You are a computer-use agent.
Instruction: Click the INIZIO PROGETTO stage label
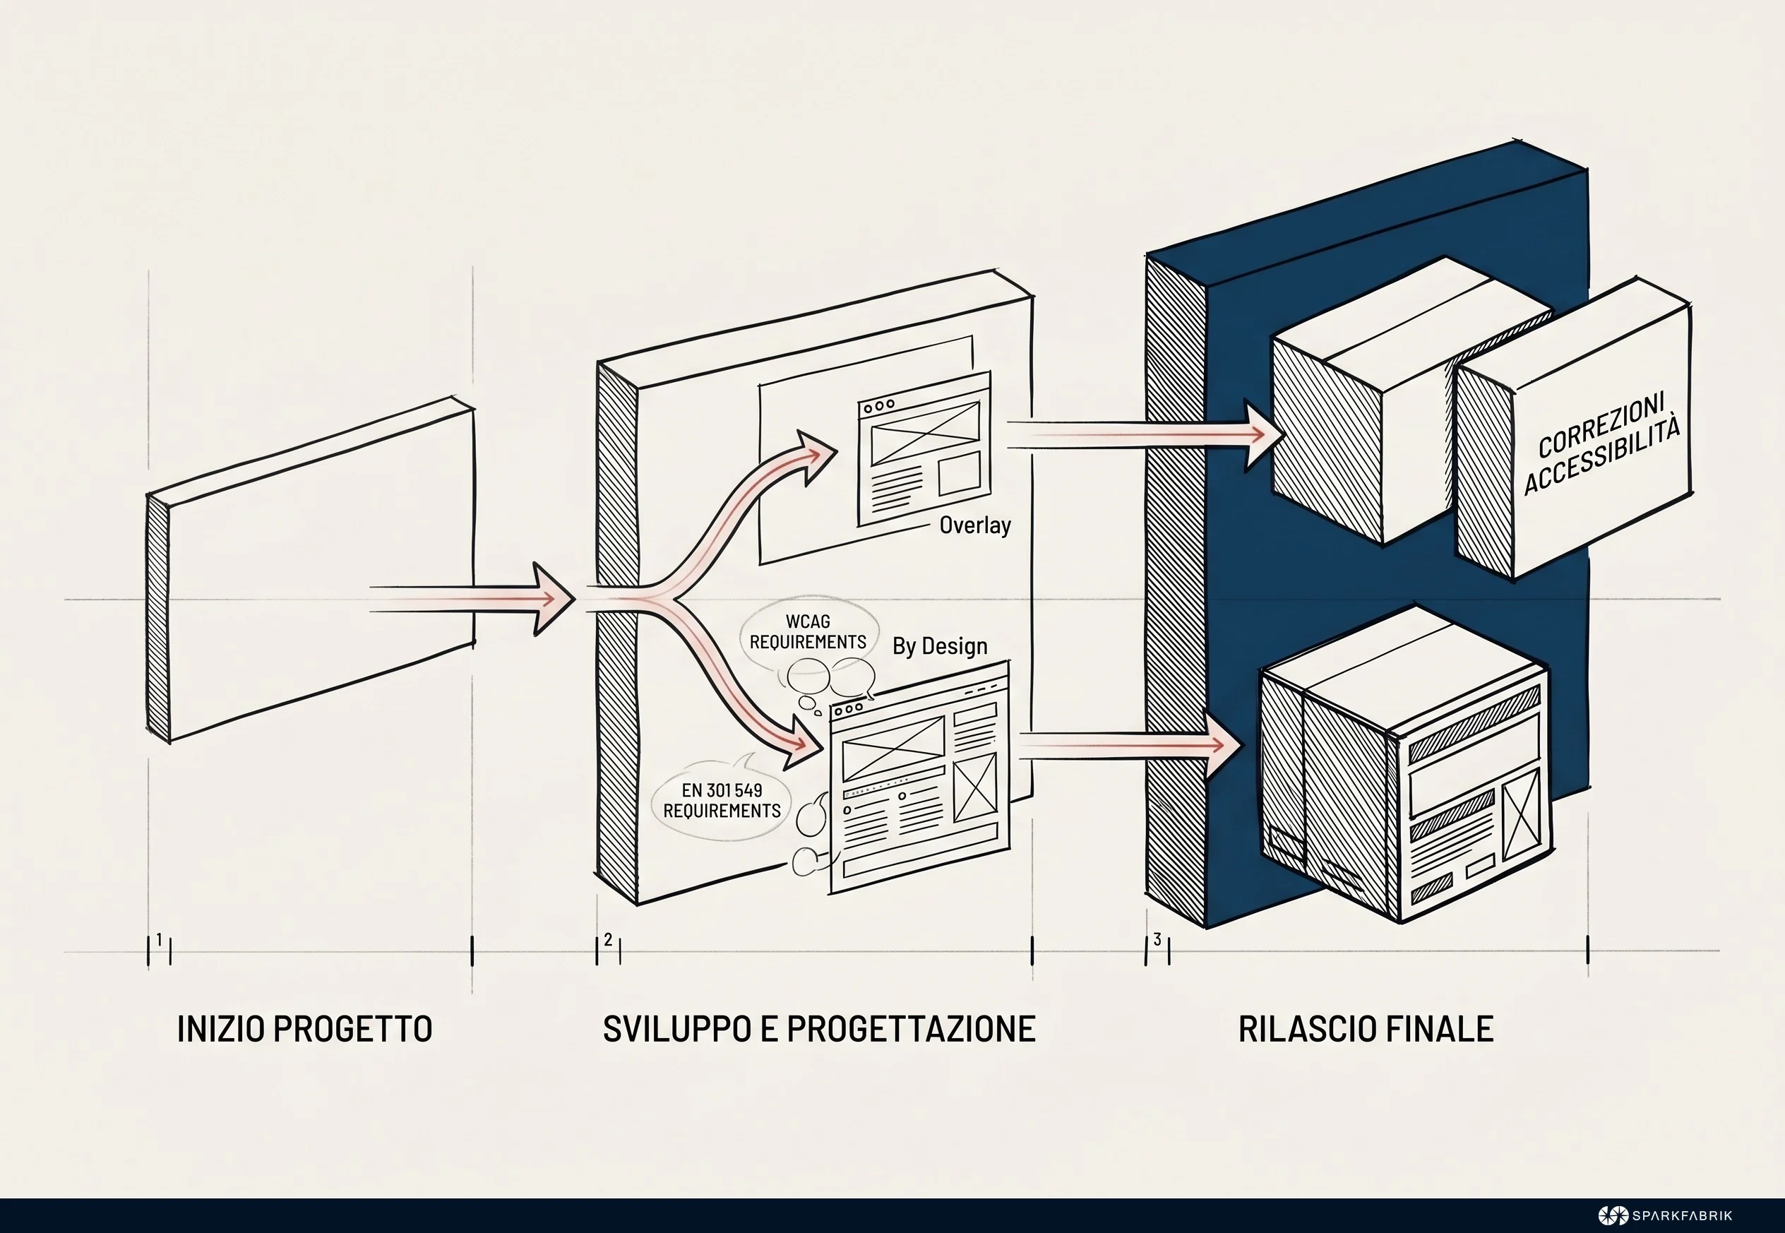tap(304, 1029)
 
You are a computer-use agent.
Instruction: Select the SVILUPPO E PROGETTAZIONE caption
tap(819, 1029)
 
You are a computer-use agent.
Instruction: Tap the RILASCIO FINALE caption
tap(1366, 1029)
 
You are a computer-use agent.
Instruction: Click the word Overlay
tap(975, 525)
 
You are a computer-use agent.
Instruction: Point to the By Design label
tap(939, 646)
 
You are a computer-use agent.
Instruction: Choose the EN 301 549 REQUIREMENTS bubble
tap(722, 800)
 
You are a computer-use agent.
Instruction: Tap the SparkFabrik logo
tap(1664, 1215)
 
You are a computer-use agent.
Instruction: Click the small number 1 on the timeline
tap(159, 939)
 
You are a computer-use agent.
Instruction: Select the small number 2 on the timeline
tap(609, 939)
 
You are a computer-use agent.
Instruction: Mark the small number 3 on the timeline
tap(1157, 939)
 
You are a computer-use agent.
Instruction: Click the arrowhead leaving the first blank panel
tap(554, 599)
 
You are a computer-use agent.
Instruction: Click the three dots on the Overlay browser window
tap(879, 405)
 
